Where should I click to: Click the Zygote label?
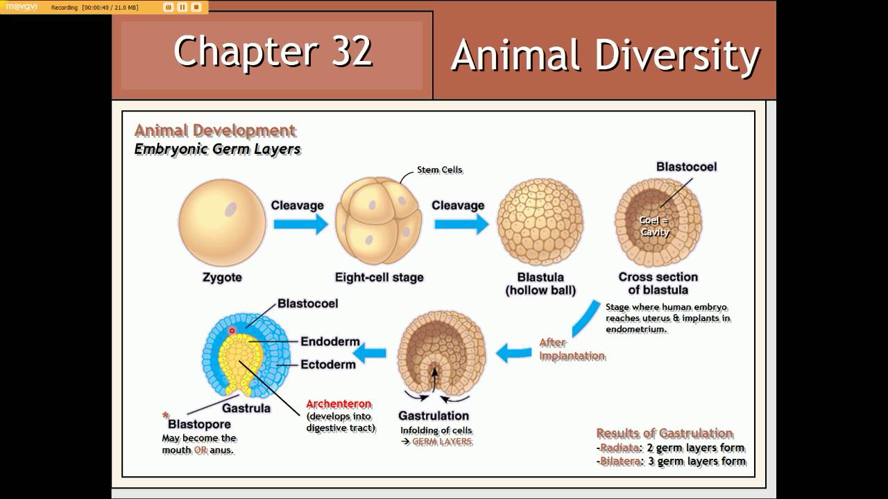(x=222, y=277)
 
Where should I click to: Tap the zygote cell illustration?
(x=222, y=222)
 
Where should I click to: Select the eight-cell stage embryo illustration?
(x=378, y=222)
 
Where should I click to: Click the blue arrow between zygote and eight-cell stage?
(x=300, y=224)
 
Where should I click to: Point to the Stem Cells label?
(x=439, y=170)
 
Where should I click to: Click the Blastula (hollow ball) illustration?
(x=540, y=222)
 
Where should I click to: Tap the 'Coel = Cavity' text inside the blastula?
(x=654, y=227)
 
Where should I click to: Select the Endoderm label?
(x=330, y=342)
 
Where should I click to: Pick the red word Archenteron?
(x=339, y=404)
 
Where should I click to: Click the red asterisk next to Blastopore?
(x=166, y=415)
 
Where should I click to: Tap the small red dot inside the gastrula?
(x=232, y=331)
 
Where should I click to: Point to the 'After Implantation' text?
(x=572, y=349)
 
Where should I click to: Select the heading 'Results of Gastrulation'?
(x=664, y=433)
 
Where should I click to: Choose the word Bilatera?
(x=620, y=462)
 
